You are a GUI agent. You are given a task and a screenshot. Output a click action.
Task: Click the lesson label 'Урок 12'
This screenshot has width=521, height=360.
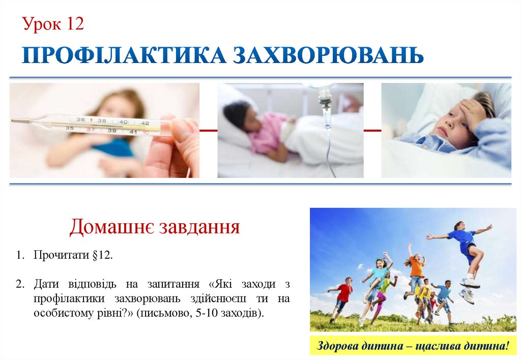click(x=53, y=24)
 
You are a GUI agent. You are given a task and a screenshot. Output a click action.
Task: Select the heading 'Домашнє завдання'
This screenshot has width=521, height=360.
click(x=154, y=227)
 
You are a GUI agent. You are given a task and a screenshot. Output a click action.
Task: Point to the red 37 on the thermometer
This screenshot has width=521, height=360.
click(x=92, y=130)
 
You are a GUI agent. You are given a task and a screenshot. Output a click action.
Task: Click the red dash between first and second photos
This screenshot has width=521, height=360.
click(x=209, y=131)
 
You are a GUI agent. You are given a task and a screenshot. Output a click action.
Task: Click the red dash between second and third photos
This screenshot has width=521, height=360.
click(x=372, y=131)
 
